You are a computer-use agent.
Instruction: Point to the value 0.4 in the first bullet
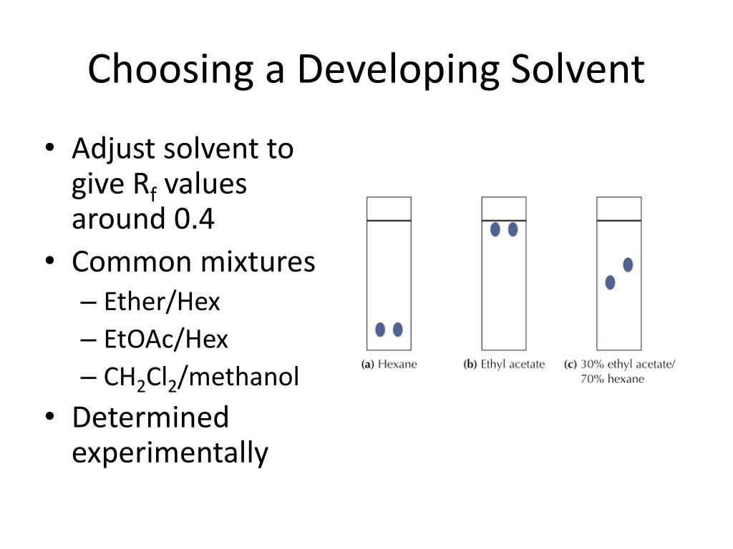[x=193, y=219]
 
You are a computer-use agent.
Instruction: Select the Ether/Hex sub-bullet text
[x=162, y=302]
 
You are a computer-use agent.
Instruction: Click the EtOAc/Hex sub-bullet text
[x=166, y=339]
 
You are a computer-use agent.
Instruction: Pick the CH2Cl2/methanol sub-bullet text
[x=202, y=377]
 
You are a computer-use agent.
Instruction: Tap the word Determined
[x=150, y=417]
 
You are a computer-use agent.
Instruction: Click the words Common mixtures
[x=193, y=262]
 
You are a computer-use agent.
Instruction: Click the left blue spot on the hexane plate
[x=380, y=330]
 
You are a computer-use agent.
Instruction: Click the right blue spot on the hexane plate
[x=398, y=330]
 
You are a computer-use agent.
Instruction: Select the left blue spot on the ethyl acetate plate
[x=495, y=229]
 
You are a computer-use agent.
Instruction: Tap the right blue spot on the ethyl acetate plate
[x=513, y=229]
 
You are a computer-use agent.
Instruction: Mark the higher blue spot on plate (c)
[x=628, y=264]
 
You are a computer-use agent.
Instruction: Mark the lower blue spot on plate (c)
[x=610, y=282]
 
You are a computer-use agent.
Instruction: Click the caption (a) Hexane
[x=389, y=365]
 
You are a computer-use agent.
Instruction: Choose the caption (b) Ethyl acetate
[x=504, y=365]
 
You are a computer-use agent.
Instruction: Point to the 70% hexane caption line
[x=612, y=379]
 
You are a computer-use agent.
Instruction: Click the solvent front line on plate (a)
[x=389, y=221]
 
